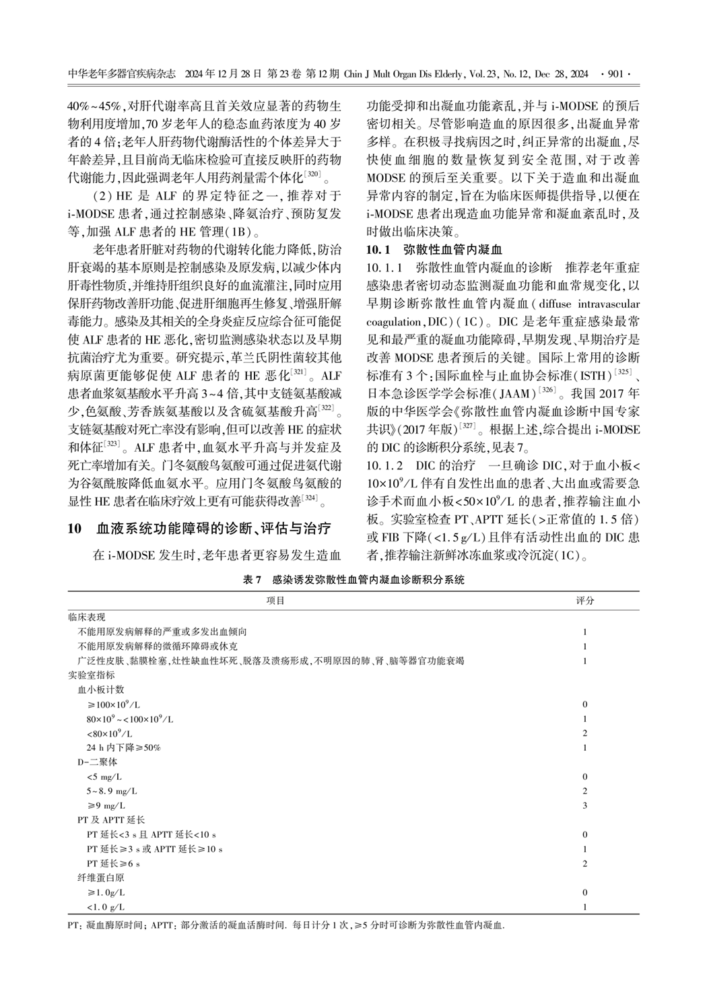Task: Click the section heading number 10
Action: tap(75, 528)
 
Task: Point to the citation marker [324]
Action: tap(310, 498)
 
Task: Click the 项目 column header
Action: tap(275, 601)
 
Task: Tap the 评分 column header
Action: tap(585, 601)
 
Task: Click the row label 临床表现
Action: tap(87, 617)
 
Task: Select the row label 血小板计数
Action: tap(101, 690)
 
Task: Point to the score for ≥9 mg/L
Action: tap(585, 806)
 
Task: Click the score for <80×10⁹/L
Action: tap(585, 733)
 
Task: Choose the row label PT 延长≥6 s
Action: tap(113, 864)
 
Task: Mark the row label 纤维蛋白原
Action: tap(101, 878)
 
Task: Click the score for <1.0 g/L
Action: tap(585, 907)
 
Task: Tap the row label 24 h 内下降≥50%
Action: tap(123, 747)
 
